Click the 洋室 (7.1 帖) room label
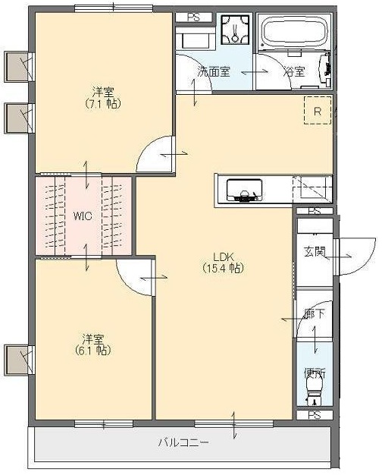pyautogui.click(x=104, y=97)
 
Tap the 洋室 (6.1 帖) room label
pyautogui.click(x=93, y=344)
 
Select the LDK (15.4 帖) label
pyautogui.click(x=222, y=262)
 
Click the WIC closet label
pyautogui.click(x=83, y=215)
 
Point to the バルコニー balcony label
pyautogui.click(x=183, y=442)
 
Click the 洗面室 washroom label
pyautogui.click(x=214, y=73)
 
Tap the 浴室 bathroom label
pyautogui.click(x=294, y=73)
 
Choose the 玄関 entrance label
pyautogui.click(x=314, y=251)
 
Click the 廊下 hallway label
pyautogui.click(x=314, y=313)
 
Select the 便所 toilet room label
pyautogui.click(x=314, y=373)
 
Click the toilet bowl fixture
pyautogui.click(x=314, y=393)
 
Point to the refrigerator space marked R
pyautogui.click(x=318, y=110)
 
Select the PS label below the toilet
pyautogui.click(x=314, y=415)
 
